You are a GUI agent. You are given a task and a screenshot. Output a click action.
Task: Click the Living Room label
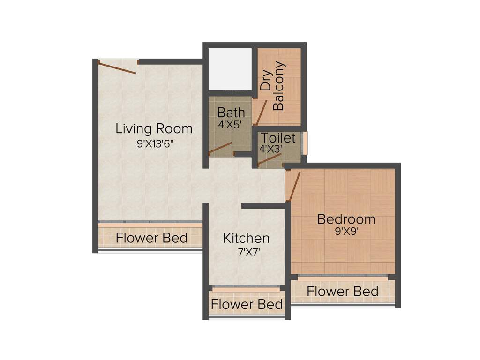[154, 128]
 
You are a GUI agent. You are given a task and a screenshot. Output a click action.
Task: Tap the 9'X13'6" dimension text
[155, 144]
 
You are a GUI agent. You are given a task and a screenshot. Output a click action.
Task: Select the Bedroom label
[346, 219]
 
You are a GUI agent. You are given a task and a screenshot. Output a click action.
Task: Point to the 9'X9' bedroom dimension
[347, 231]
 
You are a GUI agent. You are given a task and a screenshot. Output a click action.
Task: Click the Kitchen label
[246, 238]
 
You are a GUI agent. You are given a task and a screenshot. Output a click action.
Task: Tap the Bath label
[231, 112]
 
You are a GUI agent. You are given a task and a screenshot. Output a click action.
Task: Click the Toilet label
[278, 138]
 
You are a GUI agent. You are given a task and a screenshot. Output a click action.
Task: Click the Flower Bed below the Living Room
[151, 238]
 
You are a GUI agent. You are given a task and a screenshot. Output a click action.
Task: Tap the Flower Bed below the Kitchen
[247, 304]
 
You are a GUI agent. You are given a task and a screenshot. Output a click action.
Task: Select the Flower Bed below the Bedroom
[342, 291]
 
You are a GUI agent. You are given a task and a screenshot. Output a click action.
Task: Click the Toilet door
[269, 160]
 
